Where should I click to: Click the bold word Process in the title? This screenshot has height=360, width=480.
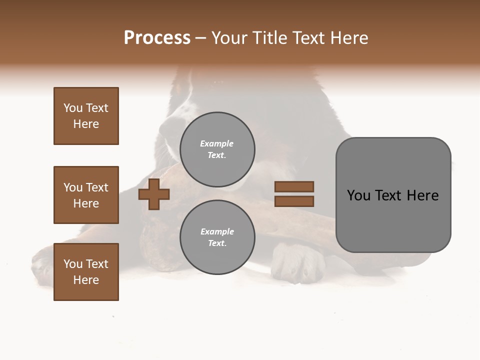(157, 38)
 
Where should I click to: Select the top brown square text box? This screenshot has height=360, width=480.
(86, 116)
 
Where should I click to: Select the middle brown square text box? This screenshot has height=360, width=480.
(86, 195)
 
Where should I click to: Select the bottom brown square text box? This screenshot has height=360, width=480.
(86, 272)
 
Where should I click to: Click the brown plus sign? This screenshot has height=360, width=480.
(154, 194)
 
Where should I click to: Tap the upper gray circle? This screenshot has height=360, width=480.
(217, 149)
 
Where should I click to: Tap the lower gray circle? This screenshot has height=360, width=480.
(217, 237)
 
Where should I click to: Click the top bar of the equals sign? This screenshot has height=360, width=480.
(294, 187)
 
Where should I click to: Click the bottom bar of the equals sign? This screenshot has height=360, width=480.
(294, 201)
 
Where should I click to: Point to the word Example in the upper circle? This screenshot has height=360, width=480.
(217, 143)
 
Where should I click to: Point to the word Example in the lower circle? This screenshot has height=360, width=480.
(217, 231)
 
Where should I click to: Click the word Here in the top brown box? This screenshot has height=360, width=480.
(86, 124)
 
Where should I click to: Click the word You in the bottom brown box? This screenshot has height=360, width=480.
(73, 264)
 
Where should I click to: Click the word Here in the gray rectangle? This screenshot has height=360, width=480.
(422, 195)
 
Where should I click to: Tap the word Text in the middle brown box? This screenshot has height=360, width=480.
(97, 187)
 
